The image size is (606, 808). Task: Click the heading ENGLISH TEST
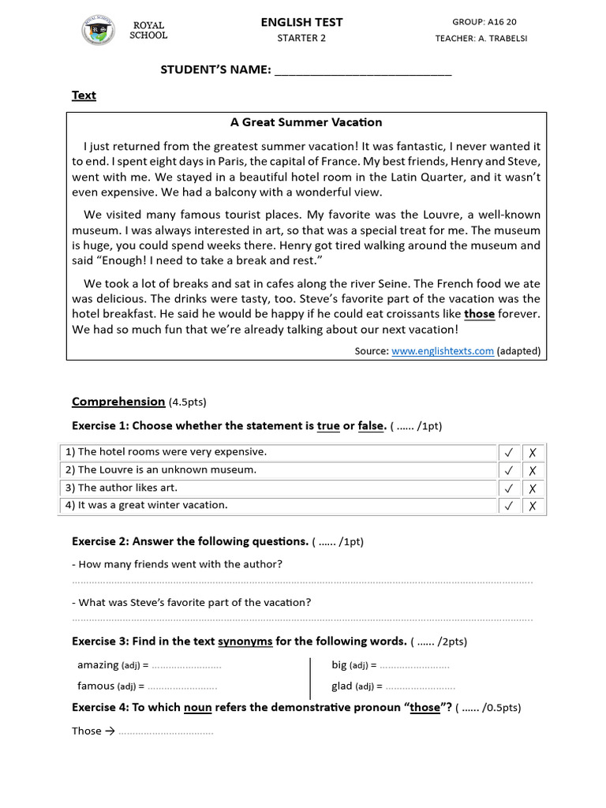(x=301, y=22)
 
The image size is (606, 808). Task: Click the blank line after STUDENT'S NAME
(x=362, y=70)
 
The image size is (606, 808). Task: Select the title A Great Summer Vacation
(x=306, y=122)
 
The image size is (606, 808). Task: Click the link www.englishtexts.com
(x=442, y=351)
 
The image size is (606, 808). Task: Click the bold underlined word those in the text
(x=479, y=314)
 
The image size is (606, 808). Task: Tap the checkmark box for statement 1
(x=509, y=453)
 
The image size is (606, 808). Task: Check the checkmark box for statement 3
(x=509, y=488)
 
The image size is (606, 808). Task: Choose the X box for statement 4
(x=533, y=506)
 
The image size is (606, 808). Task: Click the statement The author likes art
(x=128, y=488)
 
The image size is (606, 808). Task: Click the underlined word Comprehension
(x=118, y=402)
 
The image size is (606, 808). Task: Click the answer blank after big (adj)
(x=414, y=665)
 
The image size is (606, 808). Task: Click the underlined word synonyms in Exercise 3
(x=245, y=641)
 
